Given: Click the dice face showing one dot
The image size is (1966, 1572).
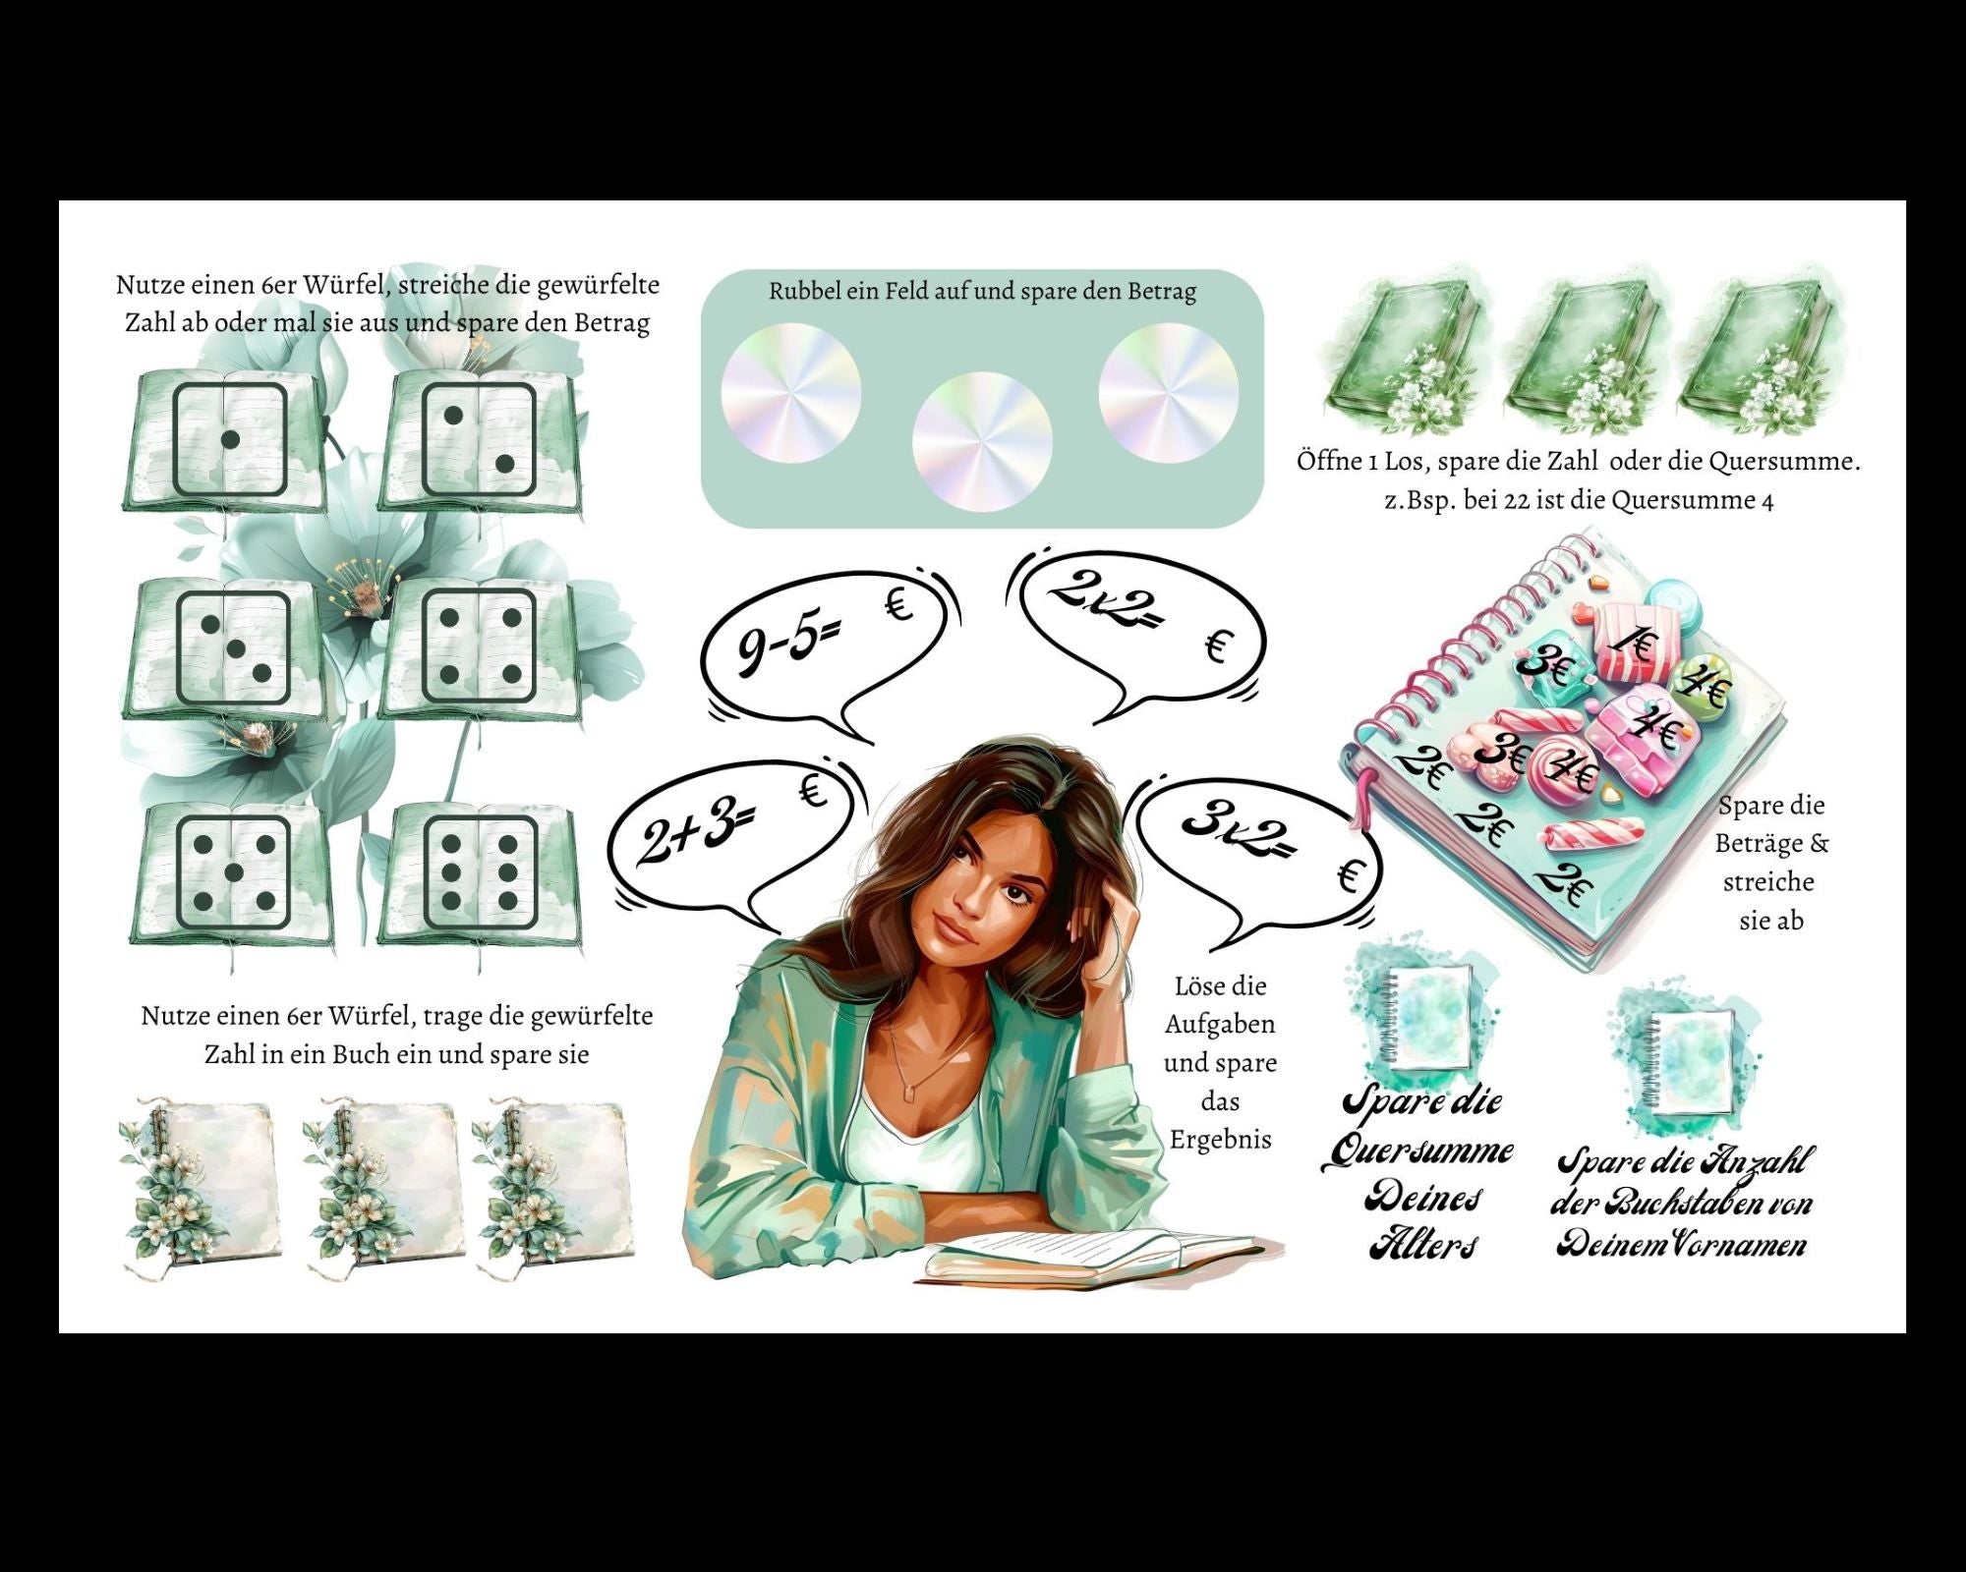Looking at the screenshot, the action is pyautogui.click(x=230, y=438).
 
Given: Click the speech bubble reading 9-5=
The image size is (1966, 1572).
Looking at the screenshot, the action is pyautogui.click(x=826, y=648).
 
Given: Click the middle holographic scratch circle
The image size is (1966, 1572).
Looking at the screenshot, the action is pyautogui.click(x=982, y=441).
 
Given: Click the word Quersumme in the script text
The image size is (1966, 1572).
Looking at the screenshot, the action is pyautogui.click(x=1417, y=1151).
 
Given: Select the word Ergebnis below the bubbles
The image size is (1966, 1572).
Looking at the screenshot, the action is pyautogui.click(x=1220, y=1140).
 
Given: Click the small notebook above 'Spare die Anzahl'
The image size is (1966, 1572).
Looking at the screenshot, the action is pyautogui.click(x=1688, y=1062).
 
